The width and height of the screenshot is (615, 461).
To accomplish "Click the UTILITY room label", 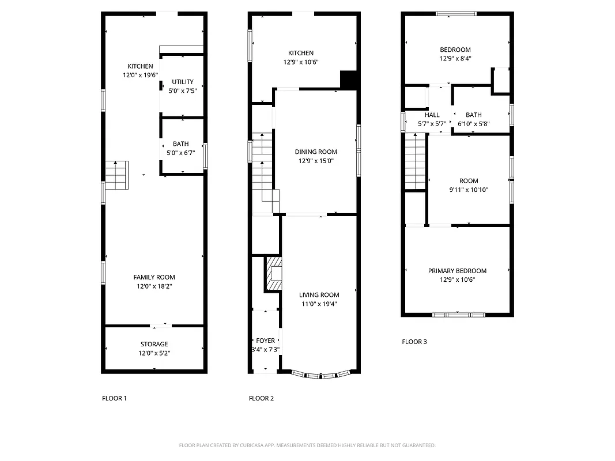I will click(x=183, y=82).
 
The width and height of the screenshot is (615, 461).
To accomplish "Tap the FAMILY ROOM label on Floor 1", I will click(x=154, y=277).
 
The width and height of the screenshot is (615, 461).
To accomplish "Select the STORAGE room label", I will click(x=154, y=344).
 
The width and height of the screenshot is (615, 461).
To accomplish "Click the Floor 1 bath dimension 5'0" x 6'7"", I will click(x=181, y=153).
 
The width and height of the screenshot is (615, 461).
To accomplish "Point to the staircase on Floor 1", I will click(x=116, y=175).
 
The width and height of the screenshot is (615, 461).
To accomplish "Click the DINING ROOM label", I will click(x=316, y=152).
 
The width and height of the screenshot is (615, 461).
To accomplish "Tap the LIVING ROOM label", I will click(x=319, y=294).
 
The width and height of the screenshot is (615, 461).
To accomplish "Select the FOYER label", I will click(x=266, y=341).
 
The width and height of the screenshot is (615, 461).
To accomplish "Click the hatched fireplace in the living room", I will click(x=274, y=274).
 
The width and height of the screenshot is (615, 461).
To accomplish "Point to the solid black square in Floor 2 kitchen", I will click(x=349, y=80).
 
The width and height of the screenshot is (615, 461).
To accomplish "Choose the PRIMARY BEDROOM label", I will click(x=457, y=271).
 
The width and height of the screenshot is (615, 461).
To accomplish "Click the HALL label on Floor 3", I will click(x=432, y=115).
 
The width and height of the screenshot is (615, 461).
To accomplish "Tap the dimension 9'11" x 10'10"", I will click(x=469, y=190).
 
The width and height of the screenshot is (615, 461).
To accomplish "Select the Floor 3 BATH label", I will click(x=473, y=115).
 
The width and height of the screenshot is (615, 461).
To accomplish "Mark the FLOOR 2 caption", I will click(x=261, y=398).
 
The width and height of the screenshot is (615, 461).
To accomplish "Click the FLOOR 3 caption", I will click(x=414, y=342).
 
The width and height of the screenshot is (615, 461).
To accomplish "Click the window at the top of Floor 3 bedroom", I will click(x=456, y=14).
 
